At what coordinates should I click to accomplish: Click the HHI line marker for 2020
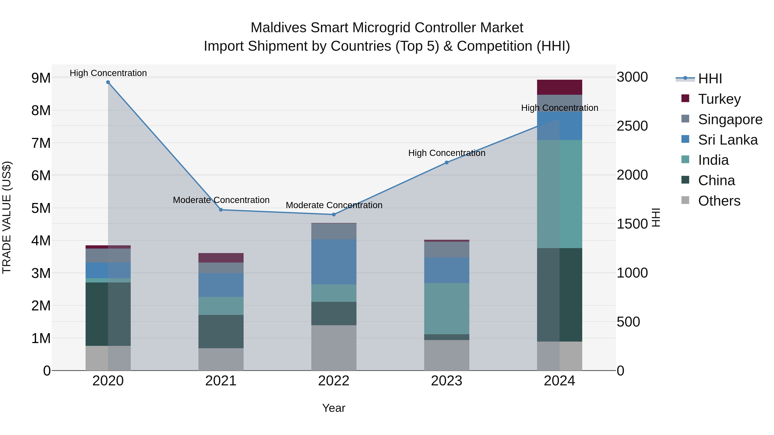click(x=108, y=82)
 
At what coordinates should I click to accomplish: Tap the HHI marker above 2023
click(x=447, y=163)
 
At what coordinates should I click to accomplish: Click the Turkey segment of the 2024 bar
click(x=559, y=87)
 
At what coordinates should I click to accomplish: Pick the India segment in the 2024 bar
click(x=559, y=194)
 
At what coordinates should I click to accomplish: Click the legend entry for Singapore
click(x=730, y=119)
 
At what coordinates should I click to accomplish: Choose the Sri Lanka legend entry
click(x=728, y=140)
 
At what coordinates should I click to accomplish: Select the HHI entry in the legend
click(x=710, y=79)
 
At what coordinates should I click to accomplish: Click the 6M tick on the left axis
click(x=41, y=176)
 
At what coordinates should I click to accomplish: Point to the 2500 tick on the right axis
click(x=632, y=126)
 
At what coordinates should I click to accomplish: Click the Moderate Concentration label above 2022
click(x=334, y=205)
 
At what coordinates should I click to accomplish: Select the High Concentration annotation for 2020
click(x=108, y=73)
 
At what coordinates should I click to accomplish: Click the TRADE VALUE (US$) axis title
click(x=7, y=217)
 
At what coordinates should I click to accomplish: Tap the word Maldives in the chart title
click(x=278, y=28)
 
